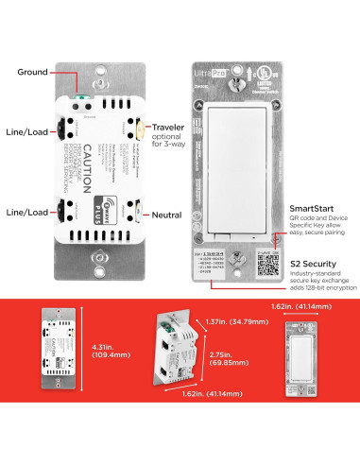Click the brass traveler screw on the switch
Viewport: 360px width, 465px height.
[x=138, y=129]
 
